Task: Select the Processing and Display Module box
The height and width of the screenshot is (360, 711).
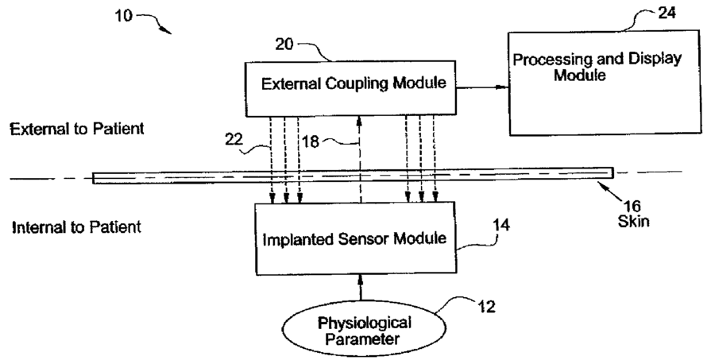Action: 597,83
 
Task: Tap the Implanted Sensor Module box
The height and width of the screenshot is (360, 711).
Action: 355,237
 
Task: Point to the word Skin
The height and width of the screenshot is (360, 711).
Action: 633,221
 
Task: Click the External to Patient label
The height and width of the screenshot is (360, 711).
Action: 77,129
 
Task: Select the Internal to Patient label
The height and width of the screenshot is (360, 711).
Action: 76,227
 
